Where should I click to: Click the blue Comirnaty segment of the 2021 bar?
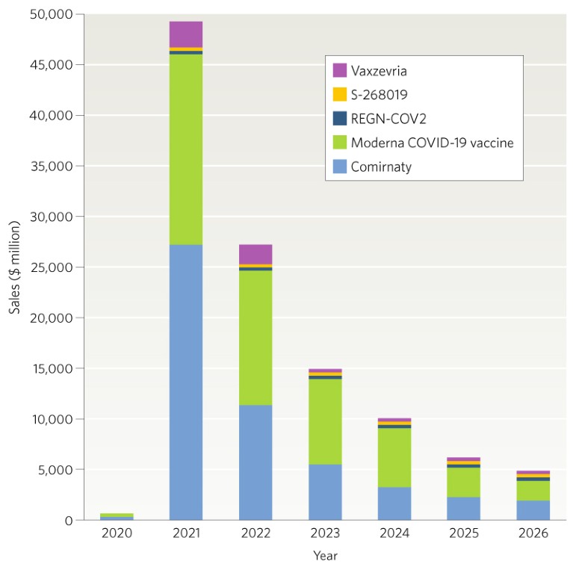[x=185, y=382]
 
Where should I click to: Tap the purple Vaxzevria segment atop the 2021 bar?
[x=185, y=34]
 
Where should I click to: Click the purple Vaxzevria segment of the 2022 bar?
[x=255, y=254]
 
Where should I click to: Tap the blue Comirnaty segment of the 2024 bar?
[x=394, y=503]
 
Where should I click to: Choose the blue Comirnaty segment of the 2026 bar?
[x=533, y=510]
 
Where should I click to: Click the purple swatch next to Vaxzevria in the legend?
[x=340, y=70]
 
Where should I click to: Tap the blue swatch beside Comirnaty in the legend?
[x=340, y=167]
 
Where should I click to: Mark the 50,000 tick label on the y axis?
[x=52, y=14]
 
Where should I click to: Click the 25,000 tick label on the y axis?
[x=52, y=267]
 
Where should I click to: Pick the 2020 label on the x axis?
[x=116, y=533]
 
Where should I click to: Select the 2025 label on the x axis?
[x=464, y=533]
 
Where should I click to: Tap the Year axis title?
[x=325, y=555]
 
